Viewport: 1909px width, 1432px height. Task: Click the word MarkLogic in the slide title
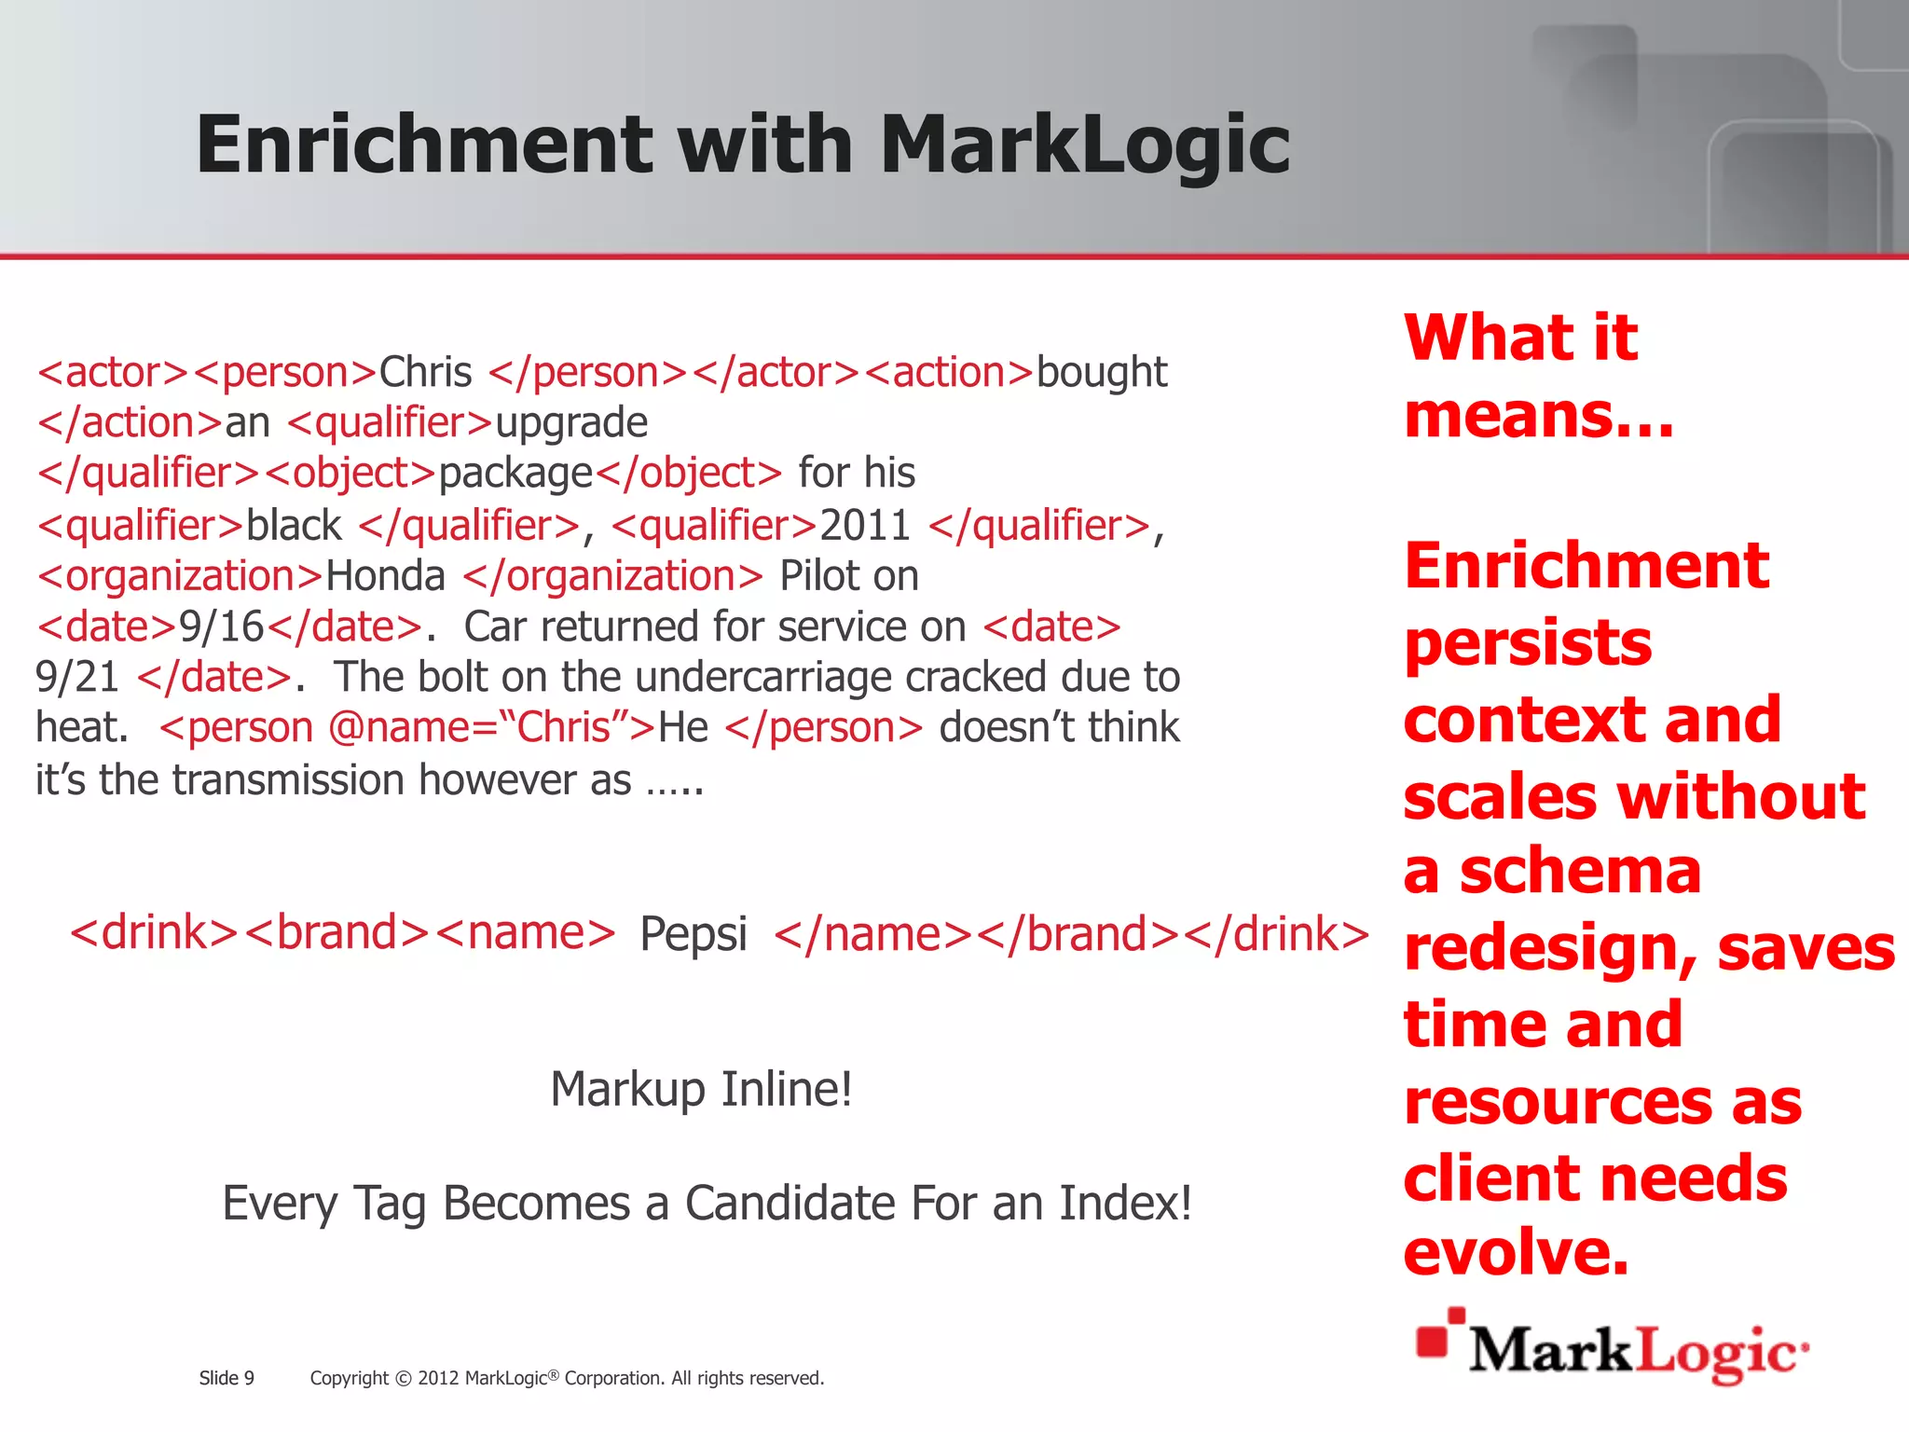pyautogui.click(x=1084, y=145)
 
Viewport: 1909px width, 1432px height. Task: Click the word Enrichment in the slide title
pyautogui.click(x=424, y=145)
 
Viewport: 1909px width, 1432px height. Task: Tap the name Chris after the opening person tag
pyautogui.click(x=425, y=372)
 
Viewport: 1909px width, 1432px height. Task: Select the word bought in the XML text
pyautogui.click(x=1101, y=372)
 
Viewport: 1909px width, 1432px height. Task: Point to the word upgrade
pyautogui.click(x=570, y=423)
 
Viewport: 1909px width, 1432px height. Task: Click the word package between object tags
pyautogui.click(x=515, y=474)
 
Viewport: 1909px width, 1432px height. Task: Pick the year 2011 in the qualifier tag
pyautogui.click(x=864, y=525)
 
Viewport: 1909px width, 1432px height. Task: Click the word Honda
pyautogui.click(x=385, y=576)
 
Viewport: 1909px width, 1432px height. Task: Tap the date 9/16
pyautogui.click(x=222, y=626)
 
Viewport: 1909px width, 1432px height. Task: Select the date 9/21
pyautogui.click(x=77, y=678)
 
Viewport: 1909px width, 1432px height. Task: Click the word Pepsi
pyautogui.click(x=694, y=933)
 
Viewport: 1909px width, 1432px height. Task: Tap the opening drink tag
pyautogui.click(x=155, y=933)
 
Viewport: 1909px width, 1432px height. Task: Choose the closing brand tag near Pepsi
pyautogui.click(x=1079, y=933)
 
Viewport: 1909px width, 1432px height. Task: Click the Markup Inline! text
pyautogui.click(x=701, y=1089)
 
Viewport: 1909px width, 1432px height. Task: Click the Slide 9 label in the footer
pyautogui.click(x=227, y=1378)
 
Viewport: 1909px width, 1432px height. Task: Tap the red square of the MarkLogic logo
pyautogui.click(x=1433, y=1340)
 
